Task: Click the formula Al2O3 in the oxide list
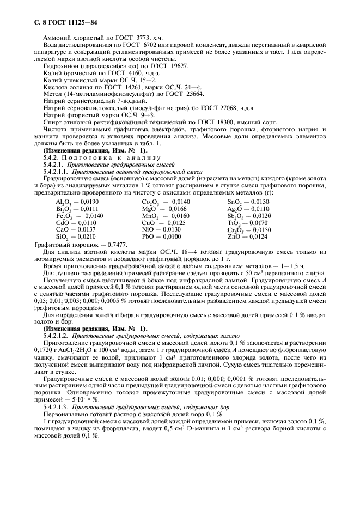(x=63, y=202)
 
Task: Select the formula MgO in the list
(x=149, y=208)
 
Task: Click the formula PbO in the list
(x=148, y=236)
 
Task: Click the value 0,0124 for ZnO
(x=258, y=236)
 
